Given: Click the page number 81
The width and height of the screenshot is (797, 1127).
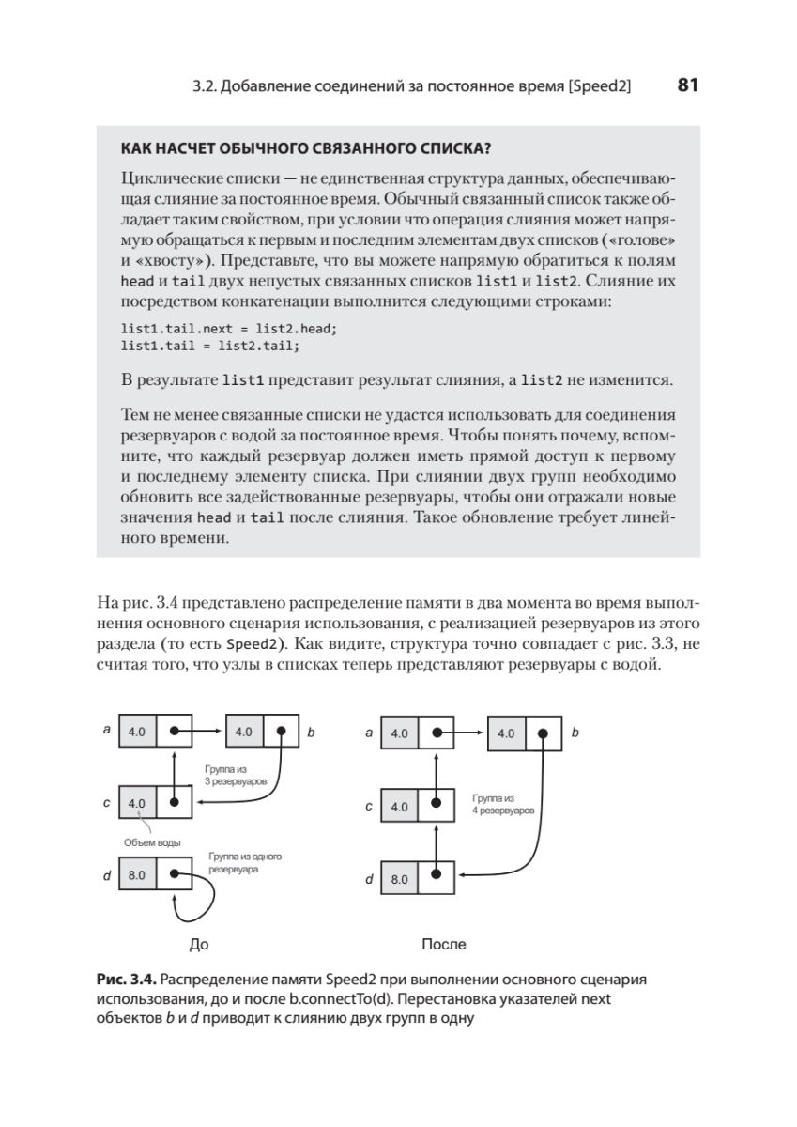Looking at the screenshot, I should (x=687, y=85).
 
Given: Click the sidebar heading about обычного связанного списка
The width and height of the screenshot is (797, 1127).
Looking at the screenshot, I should (x=307, y=147).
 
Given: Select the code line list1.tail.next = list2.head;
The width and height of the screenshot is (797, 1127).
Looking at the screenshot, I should (x=228, y=330).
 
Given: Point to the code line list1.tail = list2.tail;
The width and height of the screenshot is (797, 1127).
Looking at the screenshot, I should (x=210, y=346).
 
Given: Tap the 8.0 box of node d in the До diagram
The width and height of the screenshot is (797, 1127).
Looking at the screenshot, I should (x=137, y=875).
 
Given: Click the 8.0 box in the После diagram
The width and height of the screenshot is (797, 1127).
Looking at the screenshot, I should (x=400, y=880).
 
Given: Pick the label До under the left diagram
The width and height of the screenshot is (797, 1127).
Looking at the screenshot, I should (x=199, y=944).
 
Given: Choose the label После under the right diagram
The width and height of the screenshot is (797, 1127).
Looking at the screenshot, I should (x=444, y=944).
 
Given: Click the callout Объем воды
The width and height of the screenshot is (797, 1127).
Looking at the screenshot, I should (x=152, y=841).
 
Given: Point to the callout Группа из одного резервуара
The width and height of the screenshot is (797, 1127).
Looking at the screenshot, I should (x=245, y=863).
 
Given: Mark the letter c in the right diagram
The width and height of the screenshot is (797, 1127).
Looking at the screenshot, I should (x=369, y=806).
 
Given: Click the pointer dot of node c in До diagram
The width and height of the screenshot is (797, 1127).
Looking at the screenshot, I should (x=175, y=803).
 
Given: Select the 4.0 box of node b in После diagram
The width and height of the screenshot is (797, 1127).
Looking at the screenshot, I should (x=507, y=733).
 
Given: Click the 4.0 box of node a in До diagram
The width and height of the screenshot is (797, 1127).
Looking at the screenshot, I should (x=137, y=730).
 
